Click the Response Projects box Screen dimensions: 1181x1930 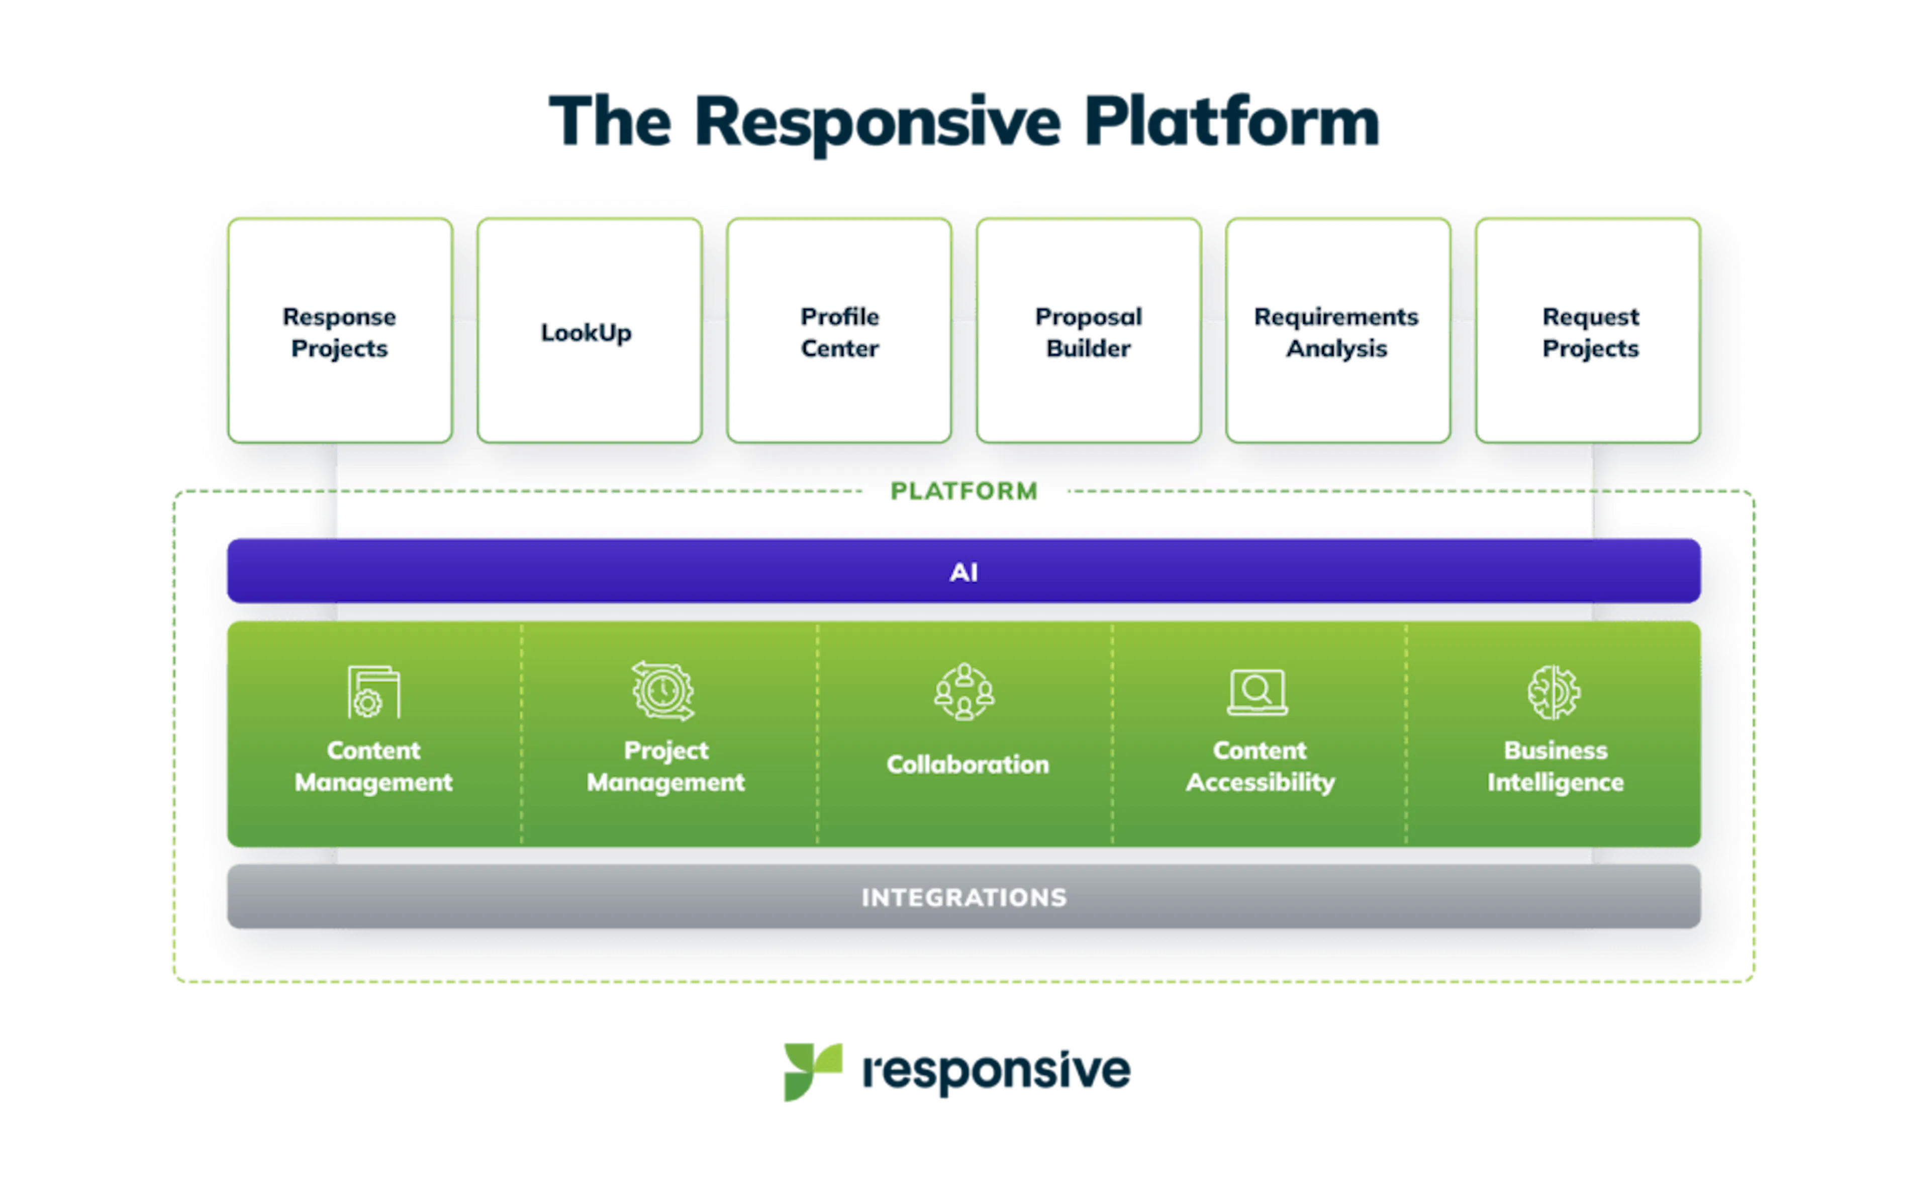pos(339,331)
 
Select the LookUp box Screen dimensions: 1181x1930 pos(588,331)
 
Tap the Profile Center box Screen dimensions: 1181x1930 pos(838,331)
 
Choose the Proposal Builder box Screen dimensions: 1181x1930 pos(1088,331)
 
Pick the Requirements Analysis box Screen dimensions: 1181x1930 pos(1337,331)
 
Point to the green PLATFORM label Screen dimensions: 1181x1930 pos(963,491)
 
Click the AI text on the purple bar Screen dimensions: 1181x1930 pos(963,572)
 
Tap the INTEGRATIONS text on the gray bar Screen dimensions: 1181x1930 pos(963,897)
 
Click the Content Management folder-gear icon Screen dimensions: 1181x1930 pos(373,692)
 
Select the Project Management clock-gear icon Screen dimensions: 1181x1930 pos(663,691)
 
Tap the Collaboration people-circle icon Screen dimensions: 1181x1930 pos(964,692)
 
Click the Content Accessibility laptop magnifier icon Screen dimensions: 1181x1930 pos(1257,692)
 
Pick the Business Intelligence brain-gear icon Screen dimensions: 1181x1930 pos(1554,692)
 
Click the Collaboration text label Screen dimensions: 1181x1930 pos(968,764)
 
